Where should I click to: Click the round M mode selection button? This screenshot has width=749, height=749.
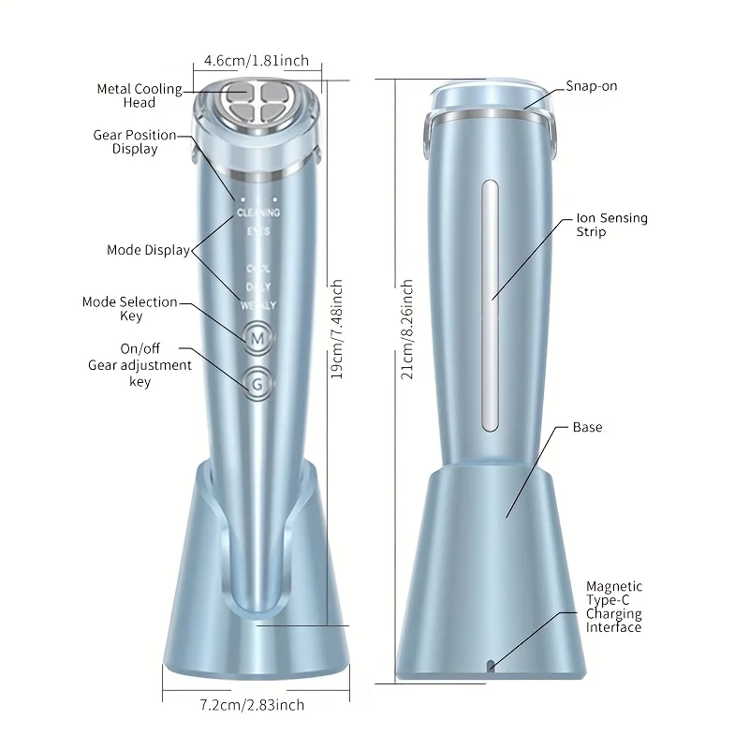(257, 336)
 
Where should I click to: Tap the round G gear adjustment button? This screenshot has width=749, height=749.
(257, 382)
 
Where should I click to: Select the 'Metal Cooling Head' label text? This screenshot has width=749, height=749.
(140, 95)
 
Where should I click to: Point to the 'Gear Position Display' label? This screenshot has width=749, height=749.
(135, 141)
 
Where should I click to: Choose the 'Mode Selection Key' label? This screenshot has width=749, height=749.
(130, 309)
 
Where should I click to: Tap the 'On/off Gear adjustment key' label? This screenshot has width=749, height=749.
(140, 365)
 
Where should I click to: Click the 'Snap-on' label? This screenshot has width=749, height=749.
(592, 86)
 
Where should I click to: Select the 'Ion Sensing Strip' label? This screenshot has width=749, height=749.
(611, 225)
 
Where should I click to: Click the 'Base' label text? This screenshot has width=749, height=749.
(588, 427)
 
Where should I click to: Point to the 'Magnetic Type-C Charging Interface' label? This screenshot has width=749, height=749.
(614, 607)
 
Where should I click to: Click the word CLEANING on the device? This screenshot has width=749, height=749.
(258, 213)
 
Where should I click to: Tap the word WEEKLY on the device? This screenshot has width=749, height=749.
(257, 304)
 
